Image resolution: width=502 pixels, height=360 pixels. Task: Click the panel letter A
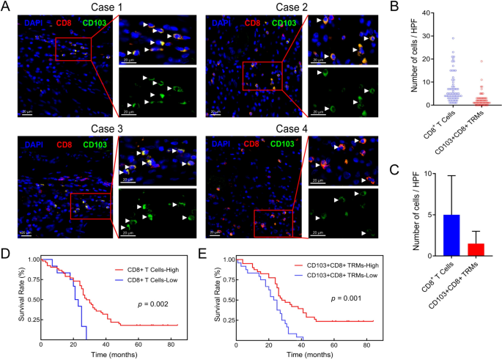(x=6, y=7)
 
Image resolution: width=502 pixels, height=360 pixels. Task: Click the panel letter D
(x=6, y=256)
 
